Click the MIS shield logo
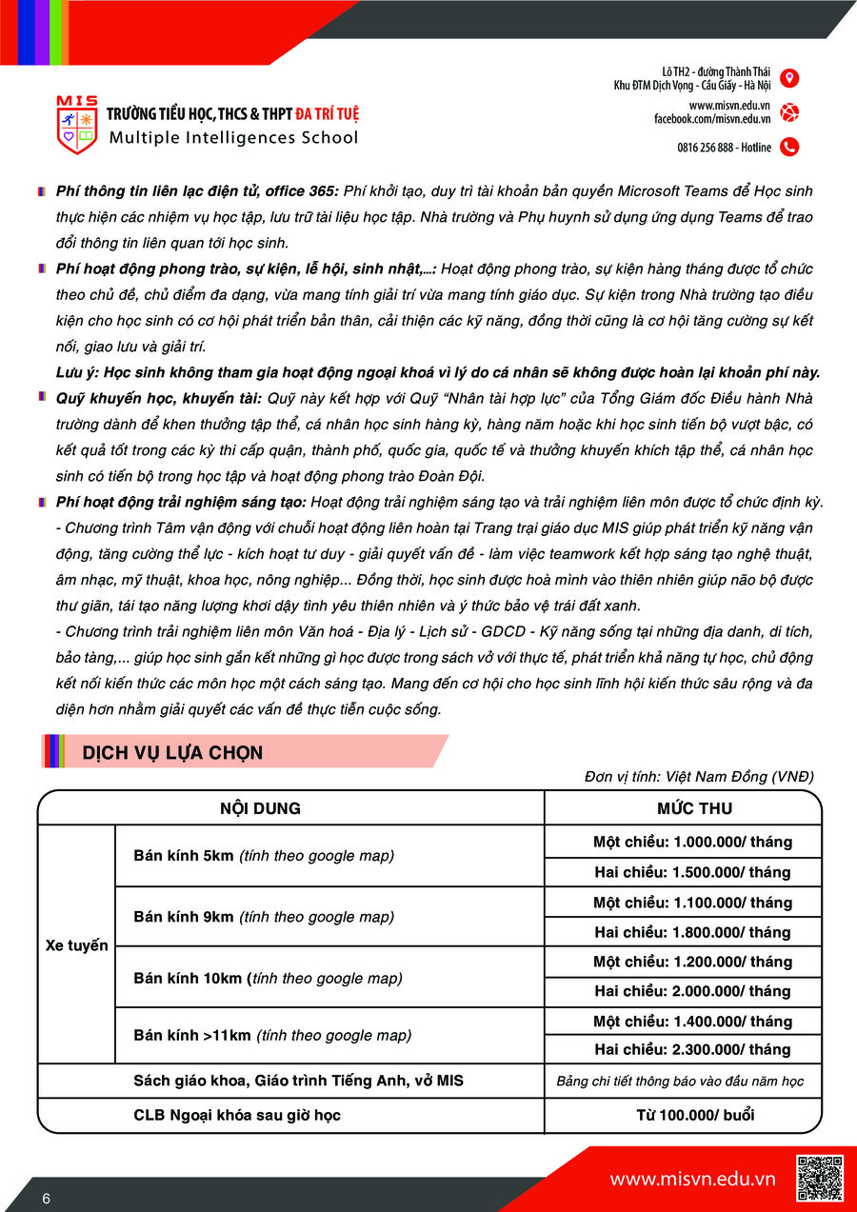pyautogui.click(x=76, y=126)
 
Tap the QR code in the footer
pyautogui.click(x=819, y=1178)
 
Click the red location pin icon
pyautogui.click(x=788, y=78)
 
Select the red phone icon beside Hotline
pyautogui.click(x=788, y=147)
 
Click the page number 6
pyautogui.click(x=46, y=1198)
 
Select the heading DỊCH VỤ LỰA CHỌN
pyautogui.click(x=172, y=753)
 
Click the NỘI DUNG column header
pyautogui.click(x=260, y=808)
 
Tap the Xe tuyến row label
pyautogui.click(x=77, y=945)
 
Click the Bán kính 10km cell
pyautogui.click(x=268, y=978)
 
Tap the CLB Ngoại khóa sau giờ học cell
pyautogui.click(x=237, y=1115)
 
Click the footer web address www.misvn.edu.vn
pyautogui.click(x=692, y=1179)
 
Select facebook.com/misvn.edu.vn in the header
pyautogui.click(x=711, y=119)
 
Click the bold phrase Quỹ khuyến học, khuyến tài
pyautogui.click(x=160, y=397)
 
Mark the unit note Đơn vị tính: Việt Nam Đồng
pyautogui.click(x=699, y=777)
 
